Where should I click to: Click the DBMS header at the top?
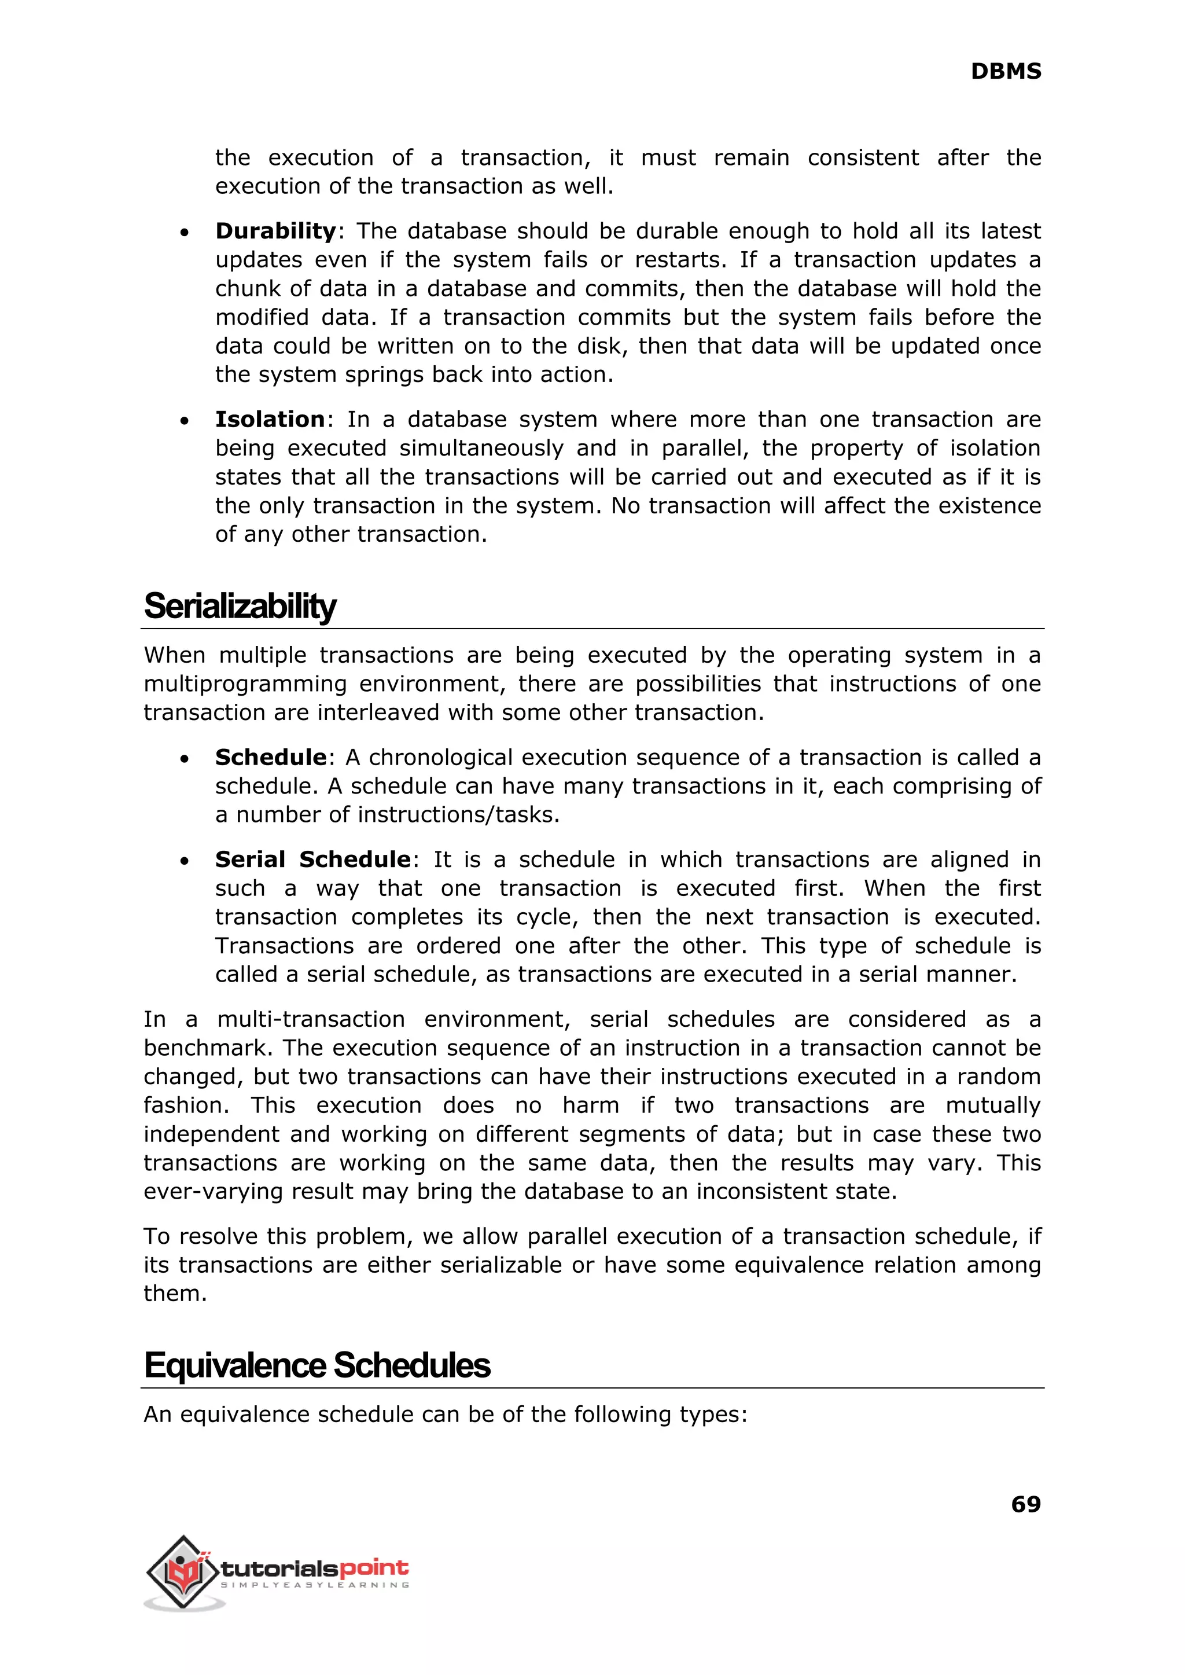click(1006, 72)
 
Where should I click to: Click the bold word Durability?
click(275, 232)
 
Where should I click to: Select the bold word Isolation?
click(269, 420)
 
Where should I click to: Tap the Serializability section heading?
click(240, 606)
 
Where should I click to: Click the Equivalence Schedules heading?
click(317, 1365)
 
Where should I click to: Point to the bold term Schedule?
click(270, 758)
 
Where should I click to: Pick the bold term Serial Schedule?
click(312, 859)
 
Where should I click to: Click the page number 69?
click(1025, 1504)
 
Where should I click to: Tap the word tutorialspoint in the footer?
click(314, 1568)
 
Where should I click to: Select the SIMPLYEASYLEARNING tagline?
click(314, 1585)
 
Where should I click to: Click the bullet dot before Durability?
click(185, 233)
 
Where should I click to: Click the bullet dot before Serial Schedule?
click(185, 861)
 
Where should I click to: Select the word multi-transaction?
click(311, 1020)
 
